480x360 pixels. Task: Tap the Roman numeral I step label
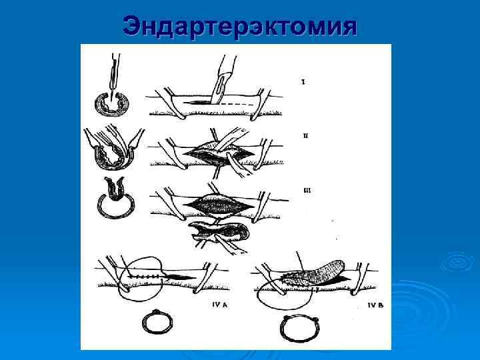[303, 82]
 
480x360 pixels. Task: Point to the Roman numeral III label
[306, 190]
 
